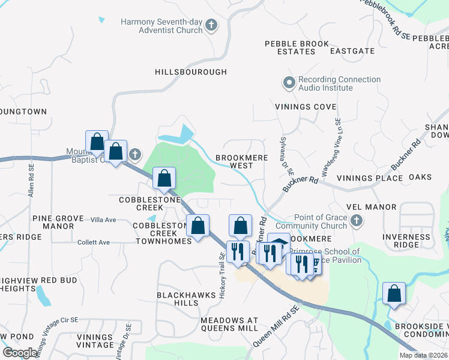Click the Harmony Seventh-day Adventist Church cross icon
[211, 25]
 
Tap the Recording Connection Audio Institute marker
[289, 83]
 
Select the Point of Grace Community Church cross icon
[356, 221]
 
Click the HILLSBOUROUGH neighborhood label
[191, 72]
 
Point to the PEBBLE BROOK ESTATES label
[297, 48]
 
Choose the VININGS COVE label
[306, 107]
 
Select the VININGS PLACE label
[369, 178]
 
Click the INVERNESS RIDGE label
[406, 241]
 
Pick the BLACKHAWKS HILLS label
[178, 299]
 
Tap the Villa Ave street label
[103, 220]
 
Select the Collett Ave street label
[94, 242]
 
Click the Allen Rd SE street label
[31, 181]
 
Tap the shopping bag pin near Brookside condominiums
[394, 294]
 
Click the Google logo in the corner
[20, 353]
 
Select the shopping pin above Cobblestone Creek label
[164, 178]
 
